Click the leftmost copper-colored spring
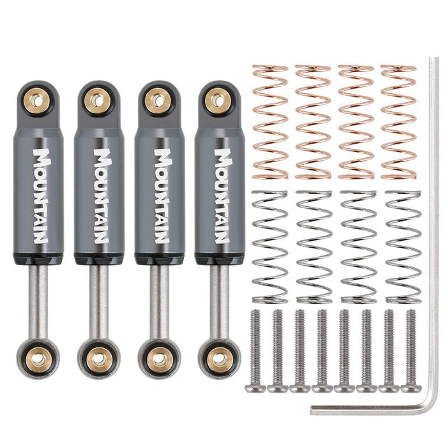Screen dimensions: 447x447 coord(270,122)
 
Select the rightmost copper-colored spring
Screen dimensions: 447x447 coord(398,122)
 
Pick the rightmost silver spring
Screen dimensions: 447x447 coord(403,246)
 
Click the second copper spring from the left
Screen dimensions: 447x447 coord(313,122)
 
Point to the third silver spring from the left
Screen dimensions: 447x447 coord(359,246)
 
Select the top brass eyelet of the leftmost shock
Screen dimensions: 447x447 coord(38,100)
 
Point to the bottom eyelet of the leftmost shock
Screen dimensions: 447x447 coord(38,358)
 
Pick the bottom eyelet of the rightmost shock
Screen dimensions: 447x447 coord(220,358)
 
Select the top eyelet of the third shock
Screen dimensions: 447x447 coord(157,100)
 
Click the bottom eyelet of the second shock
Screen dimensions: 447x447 coord(98,358)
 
